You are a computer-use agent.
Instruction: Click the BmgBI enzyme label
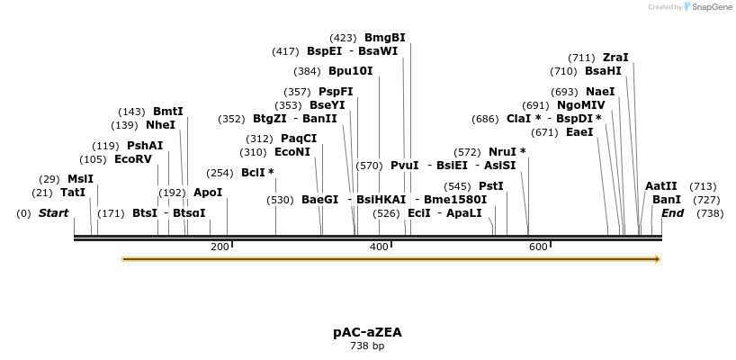tap(384, 38)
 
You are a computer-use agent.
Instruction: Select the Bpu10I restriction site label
tap(350, 71)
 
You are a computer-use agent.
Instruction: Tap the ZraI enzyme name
tap(615, 58)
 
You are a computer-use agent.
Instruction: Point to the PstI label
tap(490, 185)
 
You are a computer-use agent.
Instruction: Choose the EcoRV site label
tap(133, 159)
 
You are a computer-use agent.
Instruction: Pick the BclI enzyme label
tap(257, 173)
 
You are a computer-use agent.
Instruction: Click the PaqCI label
tap(299, 139)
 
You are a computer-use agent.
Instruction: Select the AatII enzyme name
tap(660, 186)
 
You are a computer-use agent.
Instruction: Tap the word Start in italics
tap(53, 213)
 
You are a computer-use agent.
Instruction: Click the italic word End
tap(672, 213)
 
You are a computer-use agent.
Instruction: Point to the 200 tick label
tap(219, 247)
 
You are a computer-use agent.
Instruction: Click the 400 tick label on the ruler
tap(379, 247)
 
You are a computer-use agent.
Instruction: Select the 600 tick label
tap(538, 247)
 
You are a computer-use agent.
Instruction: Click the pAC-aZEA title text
tap(367, 332)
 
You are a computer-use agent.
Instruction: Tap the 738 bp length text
tap(367, 346)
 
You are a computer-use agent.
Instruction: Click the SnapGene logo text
tap(711, 7)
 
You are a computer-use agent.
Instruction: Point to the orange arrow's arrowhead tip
tap(660, 259)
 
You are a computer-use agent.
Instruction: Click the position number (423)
tap(343, 38)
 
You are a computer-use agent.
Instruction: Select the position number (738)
tap(710, 213)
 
